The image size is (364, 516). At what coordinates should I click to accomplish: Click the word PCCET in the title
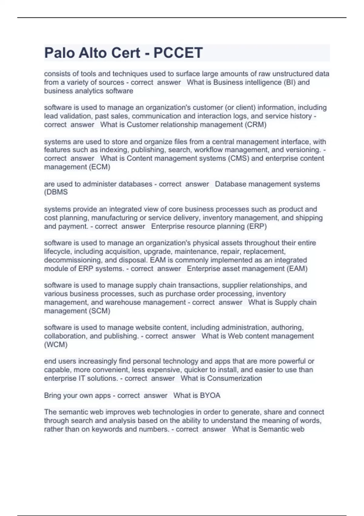click(x=178, y=53)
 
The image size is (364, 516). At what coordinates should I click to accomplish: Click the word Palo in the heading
click(x=59, y=53)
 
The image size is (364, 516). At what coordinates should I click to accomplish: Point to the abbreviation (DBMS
click(x=56, y=192)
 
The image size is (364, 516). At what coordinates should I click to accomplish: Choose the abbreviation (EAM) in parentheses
click(x=296, y=269)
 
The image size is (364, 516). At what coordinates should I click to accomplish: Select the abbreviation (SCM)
click(x=99, y=311)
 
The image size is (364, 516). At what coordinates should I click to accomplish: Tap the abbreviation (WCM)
click(x=56, y=345)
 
